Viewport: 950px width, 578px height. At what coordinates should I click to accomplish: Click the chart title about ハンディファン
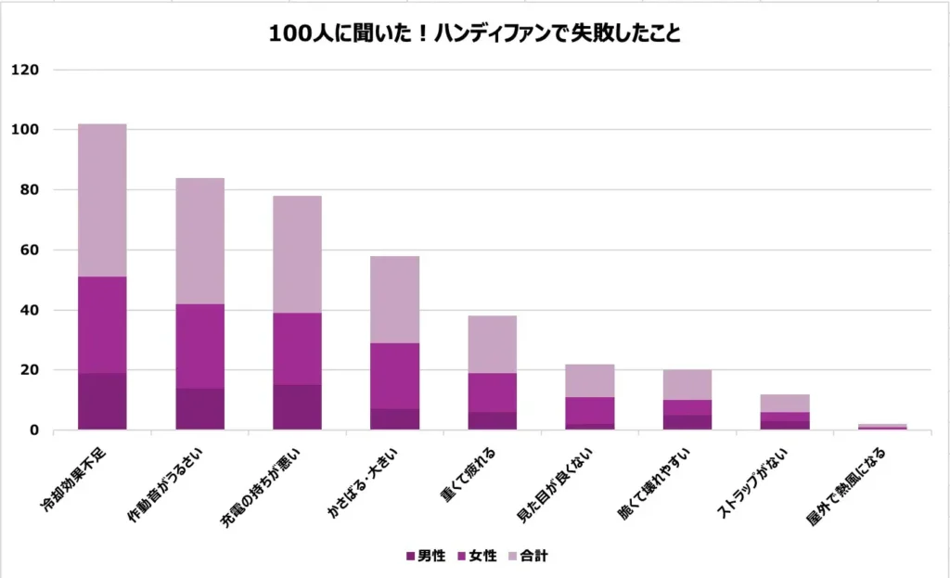(x=475, y=34)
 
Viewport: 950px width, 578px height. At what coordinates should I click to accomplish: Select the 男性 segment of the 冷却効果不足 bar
(x=102, y=402)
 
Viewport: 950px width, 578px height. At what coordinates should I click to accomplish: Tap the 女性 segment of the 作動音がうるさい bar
(x=199, y=346)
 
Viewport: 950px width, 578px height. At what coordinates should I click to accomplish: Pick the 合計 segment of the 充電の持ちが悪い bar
(x=297, y=254)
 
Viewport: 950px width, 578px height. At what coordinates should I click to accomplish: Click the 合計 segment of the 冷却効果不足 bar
(x=102, y=200)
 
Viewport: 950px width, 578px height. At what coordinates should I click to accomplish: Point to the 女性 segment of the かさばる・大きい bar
(x=394, y=376)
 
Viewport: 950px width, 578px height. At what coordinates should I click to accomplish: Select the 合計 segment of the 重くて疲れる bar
(x=492, y=344)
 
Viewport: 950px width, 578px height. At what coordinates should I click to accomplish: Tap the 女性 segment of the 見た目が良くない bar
(x=589, y=410)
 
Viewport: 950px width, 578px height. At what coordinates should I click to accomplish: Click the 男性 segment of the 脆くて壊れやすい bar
(x=687, y=422)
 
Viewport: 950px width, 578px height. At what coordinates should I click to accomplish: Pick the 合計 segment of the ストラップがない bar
(x=784, y=403)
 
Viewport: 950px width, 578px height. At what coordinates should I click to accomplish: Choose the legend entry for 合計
(x=529, y=556)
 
